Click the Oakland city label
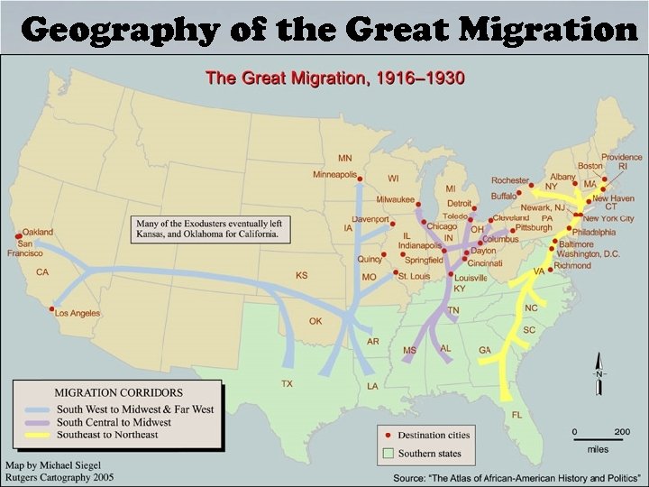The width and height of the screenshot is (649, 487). [x=39, y=232]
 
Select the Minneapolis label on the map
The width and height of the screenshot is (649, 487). [x=335, y=173]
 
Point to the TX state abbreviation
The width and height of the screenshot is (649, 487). [x=287, y=383]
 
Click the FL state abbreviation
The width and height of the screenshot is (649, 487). [x=517, y=414]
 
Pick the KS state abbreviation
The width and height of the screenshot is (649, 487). [x=301, y=275]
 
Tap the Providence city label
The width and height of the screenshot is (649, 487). [x=622, y=157]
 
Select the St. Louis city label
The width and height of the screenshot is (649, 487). [x=416, y=275]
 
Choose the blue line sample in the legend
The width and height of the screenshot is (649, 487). [x=35, y=409]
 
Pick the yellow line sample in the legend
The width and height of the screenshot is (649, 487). [x=35, y=435]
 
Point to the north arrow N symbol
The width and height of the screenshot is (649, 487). [x=598, y=373]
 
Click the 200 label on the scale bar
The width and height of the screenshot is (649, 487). [x=621, y=431]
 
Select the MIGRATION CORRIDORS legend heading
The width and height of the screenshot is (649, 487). [x=118, y=393]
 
